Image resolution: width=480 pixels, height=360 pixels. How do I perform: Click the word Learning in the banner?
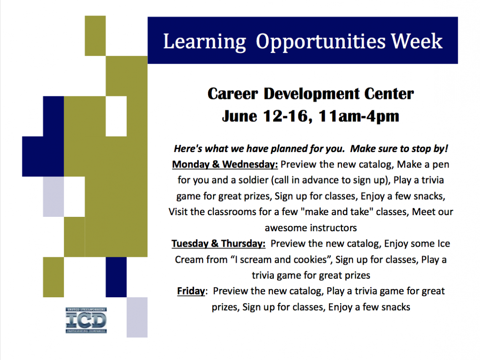[205, 42]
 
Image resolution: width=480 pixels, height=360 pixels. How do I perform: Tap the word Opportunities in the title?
[320, 42]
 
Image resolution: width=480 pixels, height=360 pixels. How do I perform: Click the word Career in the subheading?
[233, 93]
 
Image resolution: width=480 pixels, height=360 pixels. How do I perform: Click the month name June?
[240, 116]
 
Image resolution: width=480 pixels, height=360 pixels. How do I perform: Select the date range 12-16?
[288, 116]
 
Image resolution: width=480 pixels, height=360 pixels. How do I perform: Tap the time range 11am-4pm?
[359, 117]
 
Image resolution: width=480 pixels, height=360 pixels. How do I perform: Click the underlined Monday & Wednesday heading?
[225, 164]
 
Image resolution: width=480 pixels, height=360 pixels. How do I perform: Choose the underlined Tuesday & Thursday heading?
[219, 244]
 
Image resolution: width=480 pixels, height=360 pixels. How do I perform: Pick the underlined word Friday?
[191, 291]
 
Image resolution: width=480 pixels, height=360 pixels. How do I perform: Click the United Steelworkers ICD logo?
[86, 320]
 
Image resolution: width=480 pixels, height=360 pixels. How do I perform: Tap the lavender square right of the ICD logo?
[137, 317]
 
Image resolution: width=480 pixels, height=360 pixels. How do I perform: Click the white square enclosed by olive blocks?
[116, 116]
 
